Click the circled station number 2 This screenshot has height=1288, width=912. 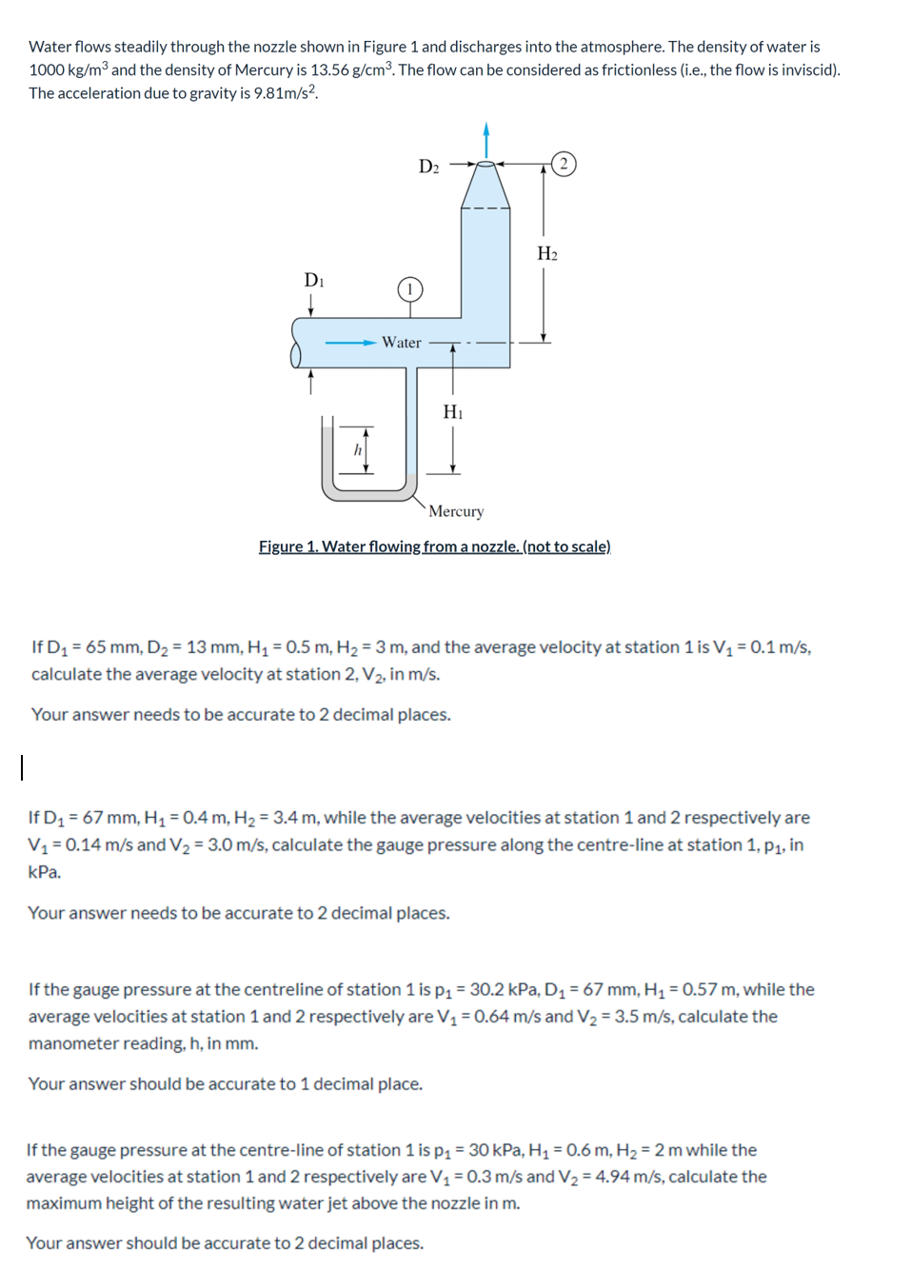click(x=564, y=164)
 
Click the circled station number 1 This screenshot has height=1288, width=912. click(x=409, y=289)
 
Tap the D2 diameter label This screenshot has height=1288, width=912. click(x=429, y=167)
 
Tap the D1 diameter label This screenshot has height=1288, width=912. click(x=314, y=280)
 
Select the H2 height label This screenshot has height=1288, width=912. click(x=547, y=253)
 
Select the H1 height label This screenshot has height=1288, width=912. click(x=453, y=411)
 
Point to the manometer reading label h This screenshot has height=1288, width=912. click(x=358, y=449)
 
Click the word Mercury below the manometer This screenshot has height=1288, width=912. click(x=456, y=511)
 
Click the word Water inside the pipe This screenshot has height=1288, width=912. click(x=402, y=343)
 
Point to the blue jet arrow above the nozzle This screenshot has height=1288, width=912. click(x=486, y=139)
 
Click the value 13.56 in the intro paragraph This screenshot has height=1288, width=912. click(x=330, y=69)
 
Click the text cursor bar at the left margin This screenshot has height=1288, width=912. click(x=22, y=766)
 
